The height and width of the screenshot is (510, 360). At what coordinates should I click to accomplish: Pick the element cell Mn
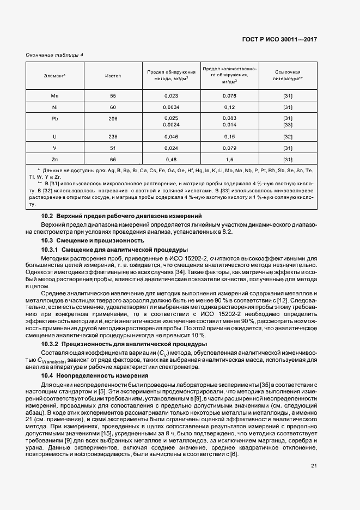click(x=54, y=96)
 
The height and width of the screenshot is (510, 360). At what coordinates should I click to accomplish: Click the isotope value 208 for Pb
click(x=113, y=118)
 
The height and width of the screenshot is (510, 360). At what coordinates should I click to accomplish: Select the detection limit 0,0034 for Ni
click(x=172, y=107)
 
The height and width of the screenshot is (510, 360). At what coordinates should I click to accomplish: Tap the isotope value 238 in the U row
click(x=113, y=136)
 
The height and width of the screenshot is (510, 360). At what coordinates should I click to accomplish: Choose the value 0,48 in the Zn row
click(x=172, y=159)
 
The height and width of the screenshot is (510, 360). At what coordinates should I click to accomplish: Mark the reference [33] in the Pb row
click(x=288, y=125)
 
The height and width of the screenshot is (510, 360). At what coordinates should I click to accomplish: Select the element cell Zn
click(x=54, y=159)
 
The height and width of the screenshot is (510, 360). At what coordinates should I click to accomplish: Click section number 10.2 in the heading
click(x=48, y=217)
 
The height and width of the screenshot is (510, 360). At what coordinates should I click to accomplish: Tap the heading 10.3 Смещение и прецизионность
click(x=93, y=240)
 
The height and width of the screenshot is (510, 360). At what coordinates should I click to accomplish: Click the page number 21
click(x=314, y=466)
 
